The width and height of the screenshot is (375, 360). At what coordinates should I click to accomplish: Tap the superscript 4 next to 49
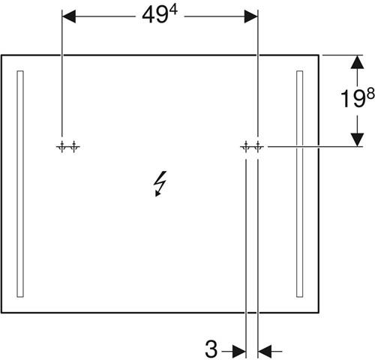click(x=173, y=10)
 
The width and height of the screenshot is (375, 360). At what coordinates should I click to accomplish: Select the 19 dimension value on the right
click(x=352, y=99)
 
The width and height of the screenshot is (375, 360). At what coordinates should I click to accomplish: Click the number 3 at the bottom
click(x=211, y=349)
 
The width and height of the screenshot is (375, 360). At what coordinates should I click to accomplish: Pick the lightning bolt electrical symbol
click(x=160, y=184)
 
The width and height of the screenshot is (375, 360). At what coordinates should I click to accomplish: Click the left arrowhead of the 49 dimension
click(x=69, y=16)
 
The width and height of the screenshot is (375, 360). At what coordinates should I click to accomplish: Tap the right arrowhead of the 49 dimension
click(x=250, y=16)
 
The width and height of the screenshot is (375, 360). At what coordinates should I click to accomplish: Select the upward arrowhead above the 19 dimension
click(x=357, y=62)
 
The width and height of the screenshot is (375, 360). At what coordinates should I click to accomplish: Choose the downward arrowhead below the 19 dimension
click(x=357, y=139)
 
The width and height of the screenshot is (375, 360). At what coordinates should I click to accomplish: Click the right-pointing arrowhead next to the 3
click(x=239, y=351)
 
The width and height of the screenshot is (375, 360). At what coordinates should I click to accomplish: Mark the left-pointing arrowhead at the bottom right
click(x=265, y=351)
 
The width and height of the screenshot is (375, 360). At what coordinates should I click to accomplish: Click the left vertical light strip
click(x=20, y=184)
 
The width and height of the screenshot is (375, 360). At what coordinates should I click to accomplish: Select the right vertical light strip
click(x=300, y=184)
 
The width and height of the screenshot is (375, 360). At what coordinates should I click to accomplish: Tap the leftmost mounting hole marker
click(x=62, y=147)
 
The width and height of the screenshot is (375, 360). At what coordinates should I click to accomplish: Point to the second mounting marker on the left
click(x=74, y=147)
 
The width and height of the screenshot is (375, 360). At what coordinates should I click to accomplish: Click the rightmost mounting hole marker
click(x=258, y=147)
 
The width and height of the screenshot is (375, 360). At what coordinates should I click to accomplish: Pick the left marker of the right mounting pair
click(x=246, y=147)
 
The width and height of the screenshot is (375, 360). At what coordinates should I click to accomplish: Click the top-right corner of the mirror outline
click(x=319, y=55)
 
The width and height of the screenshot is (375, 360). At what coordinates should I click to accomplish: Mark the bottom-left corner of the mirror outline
click(x=1, y=313)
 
